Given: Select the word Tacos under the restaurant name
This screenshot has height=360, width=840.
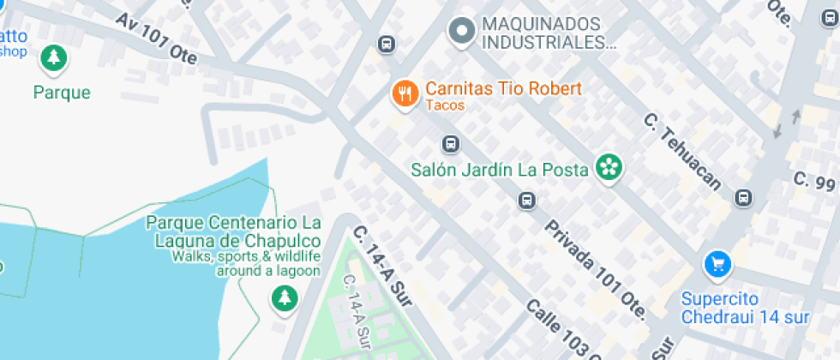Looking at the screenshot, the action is pyautogui.click(x=444, y=105).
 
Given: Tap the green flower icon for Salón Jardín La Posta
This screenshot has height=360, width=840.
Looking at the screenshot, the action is pyautogui.click(x=609, y=168).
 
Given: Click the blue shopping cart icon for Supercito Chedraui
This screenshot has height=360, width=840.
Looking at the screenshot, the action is pyautogui.click(x=717, y=264).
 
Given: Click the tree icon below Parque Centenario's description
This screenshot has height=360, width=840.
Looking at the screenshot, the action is pyautogui.click(x=284, y=299).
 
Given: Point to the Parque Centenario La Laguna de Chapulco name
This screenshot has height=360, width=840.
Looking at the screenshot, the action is pyautogui.click(x=234, y=231).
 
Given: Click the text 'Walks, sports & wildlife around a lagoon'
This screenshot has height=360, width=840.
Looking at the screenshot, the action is pyautogui.click(x=246, y=264).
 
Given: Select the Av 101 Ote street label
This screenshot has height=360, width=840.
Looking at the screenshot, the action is pyautogui.click(x=156, y=39).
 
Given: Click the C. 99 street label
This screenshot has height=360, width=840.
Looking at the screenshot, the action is pyautogui.click(x=814, y=181).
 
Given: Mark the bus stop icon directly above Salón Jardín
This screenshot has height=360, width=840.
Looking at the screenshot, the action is pyautogui.click(x=449, y=143).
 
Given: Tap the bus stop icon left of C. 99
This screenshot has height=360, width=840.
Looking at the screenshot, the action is pyautogui.click(x=743, y=198).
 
